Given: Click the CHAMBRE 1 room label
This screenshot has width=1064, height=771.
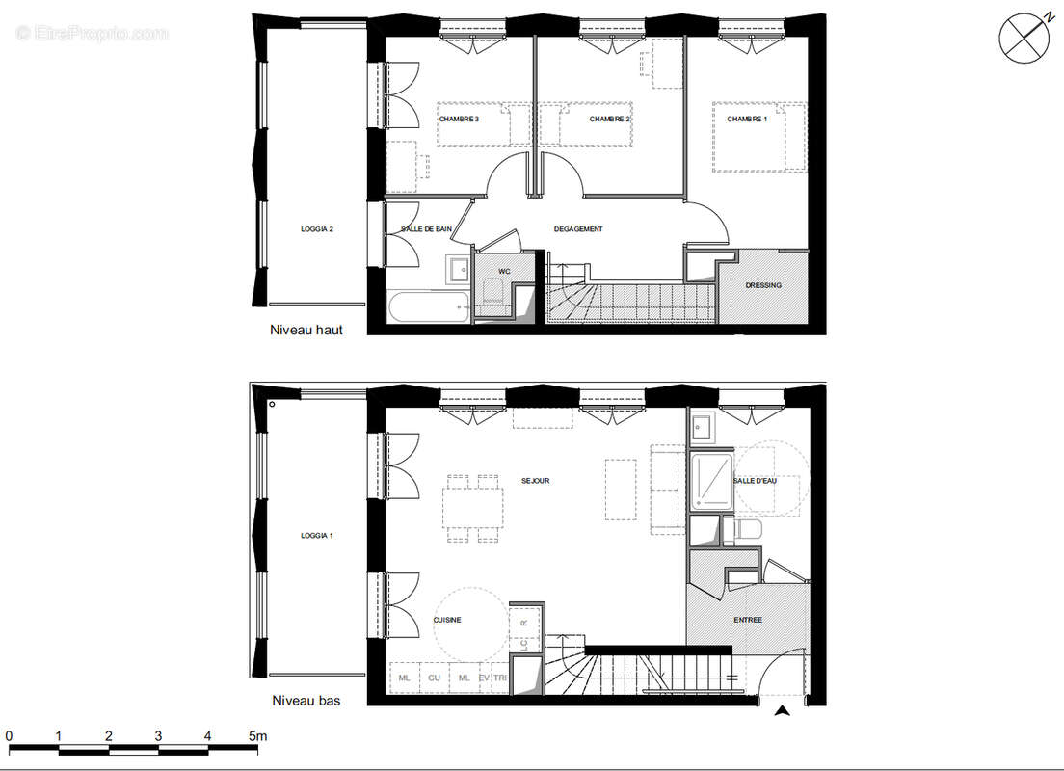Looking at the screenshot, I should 747,120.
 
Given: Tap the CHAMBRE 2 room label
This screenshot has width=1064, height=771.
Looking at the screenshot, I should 609,120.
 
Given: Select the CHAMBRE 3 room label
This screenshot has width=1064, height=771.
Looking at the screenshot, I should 459,120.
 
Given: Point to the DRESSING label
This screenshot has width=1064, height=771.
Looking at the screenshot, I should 764,285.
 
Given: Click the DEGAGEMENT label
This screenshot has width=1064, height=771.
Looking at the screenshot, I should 578,229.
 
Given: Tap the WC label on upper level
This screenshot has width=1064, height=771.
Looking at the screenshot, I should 504,273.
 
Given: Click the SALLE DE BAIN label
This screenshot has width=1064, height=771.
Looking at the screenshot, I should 427,229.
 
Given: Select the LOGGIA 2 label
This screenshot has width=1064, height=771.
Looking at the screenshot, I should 316,229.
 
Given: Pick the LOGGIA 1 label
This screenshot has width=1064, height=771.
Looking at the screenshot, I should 316,536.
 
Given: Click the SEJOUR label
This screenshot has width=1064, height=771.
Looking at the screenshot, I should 535,481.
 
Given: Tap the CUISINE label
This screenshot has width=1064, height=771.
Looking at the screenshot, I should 446,620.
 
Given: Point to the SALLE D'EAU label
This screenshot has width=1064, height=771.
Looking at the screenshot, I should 755,481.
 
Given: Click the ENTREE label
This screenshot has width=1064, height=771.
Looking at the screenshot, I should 748,620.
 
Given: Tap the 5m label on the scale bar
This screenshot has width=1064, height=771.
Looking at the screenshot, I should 256,736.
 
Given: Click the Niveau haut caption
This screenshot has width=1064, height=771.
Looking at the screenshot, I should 306,330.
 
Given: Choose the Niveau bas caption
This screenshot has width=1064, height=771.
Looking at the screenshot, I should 306,701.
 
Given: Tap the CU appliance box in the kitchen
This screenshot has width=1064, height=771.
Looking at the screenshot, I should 434,678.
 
